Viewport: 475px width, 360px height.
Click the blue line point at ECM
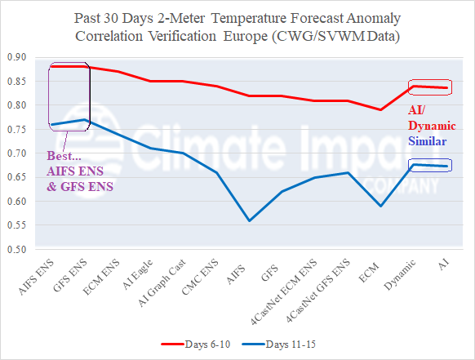380,206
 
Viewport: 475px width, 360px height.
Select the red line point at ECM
380,109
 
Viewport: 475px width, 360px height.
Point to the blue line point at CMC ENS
215,172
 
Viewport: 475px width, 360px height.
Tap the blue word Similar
430,141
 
